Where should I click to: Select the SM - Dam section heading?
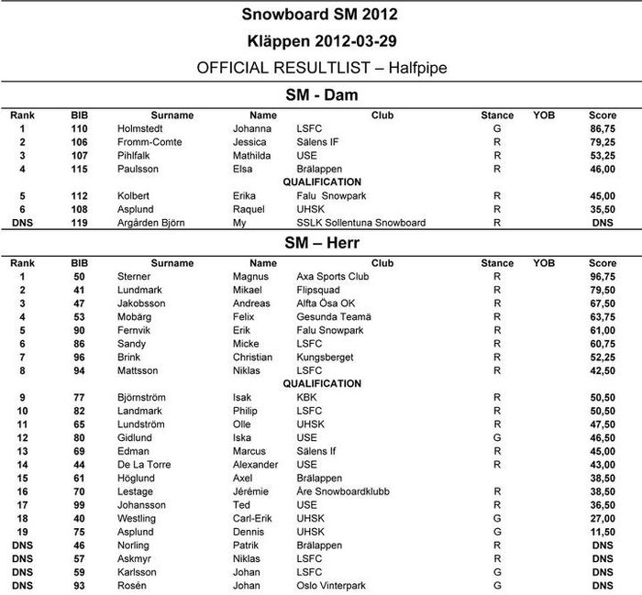(x=322, y=94)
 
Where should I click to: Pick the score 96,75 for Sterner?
(x=603, y=276)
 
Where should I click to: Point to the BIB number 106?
(x=80, y=143)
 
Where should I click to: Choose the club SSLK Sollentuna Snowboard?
(x=354, y=222)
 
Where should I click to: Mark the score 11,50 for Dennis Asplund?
(x=603, y=531)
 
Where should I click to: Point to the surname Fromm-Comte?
(x=150, y=143)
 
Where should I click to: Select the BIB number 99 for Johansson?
(x=80, y=504)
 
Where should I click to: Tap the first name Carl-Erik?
(x=255, y=518)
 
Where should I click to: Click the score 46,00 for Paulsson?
(x=603, y=170)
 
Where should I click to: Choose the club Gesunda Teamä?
(x=334, y=316)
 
